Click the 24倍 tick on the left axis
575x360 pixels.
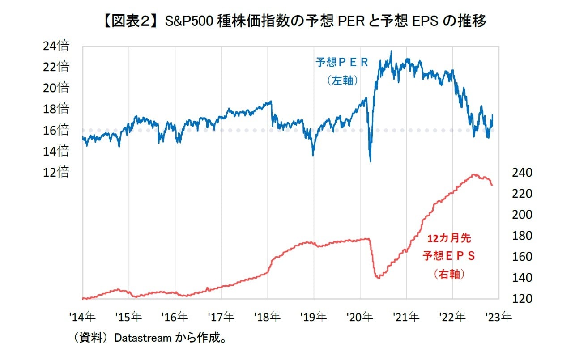click(56, 46)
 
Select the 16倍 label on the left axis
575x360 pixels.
click(56, 130)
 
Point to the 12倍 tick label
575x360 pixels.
click(56, 172)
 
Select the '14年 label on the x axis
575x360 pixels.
click(82, 317)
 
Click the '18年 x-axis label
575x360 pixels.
click(267, 317)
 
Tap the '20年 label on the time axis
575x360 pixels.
click(360, 317)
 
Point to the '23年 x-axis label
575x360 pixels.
click(498, 317)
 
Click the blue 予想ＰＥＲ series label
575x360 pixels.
click(342, 63)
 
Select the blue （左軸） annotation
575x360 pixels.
click(342, 81)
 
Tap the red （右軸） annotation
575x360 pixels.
click(449, 274)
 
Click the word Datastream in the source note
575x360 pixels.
click(143, 338)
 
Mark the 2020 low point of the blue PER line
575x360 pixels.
click(371, 161)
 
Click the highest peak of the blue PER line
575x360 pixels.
click(391, 51)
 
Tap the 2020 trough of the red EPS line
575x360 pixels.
click(379, 278)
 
